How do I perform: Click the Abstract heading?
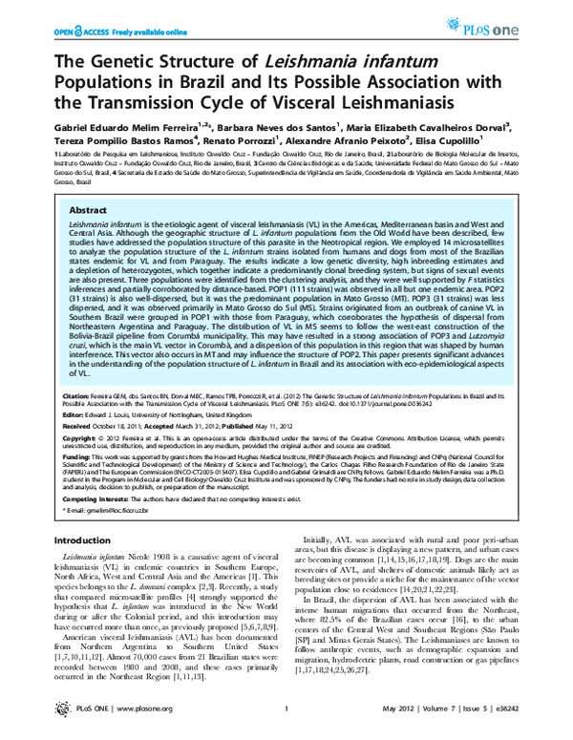[x=89, y=209]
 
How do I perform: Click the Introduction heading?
[x=87, y=539]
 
